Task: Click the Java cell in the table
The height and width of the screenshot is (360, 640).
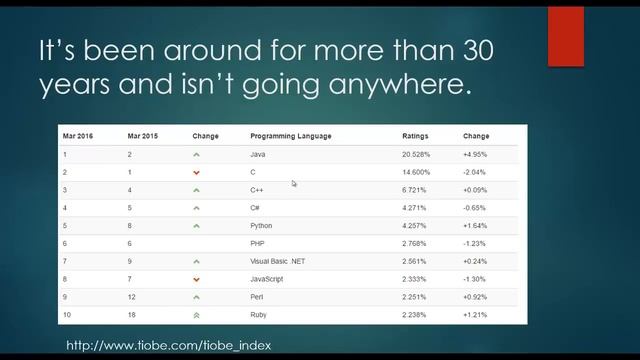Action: [x=258, y=155]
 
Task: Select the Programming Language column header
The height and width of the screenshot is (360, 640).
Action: [x=290, y=136]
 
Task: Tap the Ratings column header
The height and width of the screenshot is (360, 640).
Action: [x=415, y=136]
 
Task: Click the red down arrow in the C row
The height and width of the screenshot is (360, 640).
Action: [x=197, y=173]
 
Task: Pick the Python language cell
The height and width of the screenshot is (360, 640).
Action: [x=261, y=226]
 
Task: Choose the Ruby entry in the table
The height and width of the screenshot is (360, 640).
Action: [x=259, y=314]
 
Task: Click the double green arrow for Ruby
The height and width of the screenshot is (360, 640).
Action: [x=197, y=314]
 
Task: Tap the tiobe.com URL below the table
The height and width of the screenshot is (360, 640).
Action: [x=168, y=345]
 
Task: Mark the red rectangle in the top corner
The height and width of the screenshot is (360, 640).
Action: [x=565, y=34]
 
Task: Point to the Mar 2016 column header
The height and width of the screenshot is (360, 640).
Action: [x=77, y=136]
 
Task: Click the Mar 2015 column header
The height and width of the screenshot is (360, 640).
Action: [x=142, y=136]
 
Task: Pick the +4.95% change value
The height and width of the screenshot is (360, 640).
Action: [x=476, y=155]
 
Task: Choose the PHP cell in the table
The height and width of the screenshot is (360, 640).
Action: [x=258, y=244]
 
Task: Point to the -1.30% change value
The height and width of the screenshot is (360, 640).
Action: [x=476, y=279]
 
